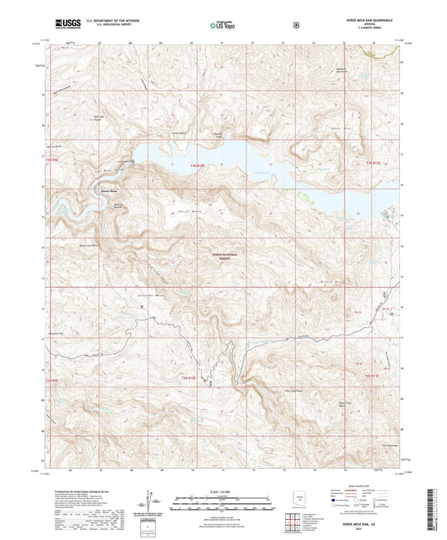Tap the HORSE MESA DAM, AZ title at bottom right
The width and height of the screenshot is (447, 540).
369,521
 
